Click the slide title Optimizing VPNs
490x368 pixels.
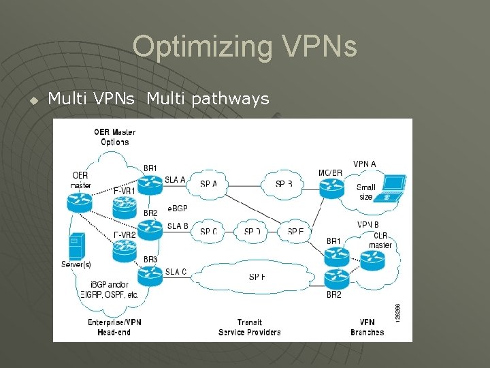coord(244,46)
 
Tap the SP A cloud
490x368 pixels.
coord(209,184)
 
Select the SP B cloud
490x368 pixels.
coord(284,184)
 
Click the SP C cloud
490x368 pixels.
coord(209,231)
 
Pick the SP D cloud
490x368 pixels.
coord(252,231)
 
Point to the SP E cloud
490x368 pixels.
coord(295,231)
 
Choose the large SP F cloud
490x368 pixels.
coord(257,277)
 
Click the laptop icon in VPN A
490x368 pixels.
coord(393,186)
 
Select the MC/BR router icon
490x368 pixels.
coord(331,188)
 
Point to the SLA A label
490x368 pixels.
coord(175,180)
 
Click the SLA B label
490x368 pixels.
coord(177,226)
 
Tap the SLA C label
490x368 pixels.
coord(176,272)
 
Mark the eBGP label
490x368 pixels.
coord(177,209)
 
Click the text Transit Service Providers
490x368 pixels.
coord(249,327)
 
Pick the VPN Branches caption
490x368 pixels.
coord(367,327)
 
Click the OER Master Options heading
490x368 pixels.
coord(114,137)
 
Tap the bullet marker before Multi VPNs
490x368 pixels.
coord(33,100)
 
